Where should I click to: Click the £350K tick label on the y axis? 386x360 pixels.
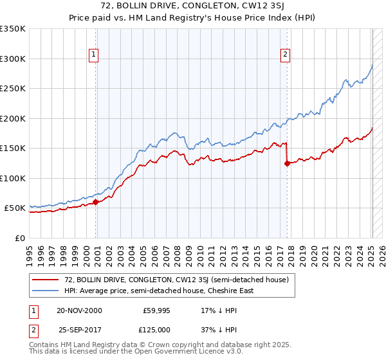[x=13, y=29]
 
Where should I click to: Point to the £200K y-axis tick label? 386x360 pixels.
[x=13, y=118]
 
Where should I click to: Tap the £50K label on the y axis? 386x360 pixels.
[x=15, y=208]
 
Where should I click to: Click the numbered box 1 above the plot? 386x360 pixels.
[x=94, y=55]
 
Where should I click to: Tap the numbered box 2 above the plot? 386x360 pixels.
[x=284, y=55]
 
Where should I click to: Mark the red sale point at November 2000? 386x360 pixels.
[x=96, y=202]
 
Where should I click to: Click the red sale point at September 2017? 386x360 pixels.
[x=286, y=163]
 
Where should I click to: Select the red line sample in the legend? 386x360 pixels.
[x=46, y=280]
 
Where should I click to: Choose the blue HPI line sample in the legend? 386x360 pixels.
[x=46, y=291]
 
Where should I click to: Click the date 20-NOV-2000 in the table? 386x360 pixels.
[x=79, y=310]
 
